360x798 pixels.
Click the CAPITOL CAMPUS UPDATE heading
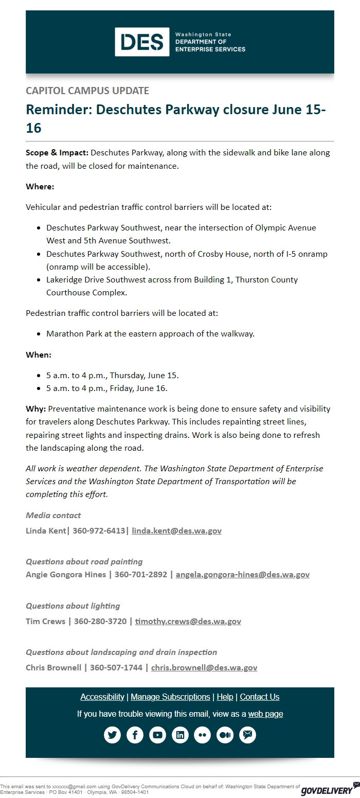tap(87, 91)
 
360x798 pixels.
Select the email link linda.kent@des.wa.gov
tap(176, 530)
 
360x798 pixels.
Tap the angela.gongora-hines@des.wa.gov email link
tap(242, 574)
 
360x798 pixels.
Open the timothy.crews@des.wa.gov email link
tap(188, 621)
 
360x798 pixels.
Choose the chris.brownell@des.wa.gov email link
tap(204, 667)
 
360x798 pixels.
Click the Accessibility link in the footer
tap(102, 697)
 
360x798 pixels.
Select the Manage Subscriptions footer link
tap(170, 697)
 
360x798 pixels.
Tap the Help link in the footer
tap(225, 697)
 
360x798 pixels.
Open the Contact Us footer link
tap(259, 697)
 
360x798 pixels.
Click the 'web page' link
tap(265, 714)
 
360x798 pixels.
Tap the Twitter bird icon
tap(112, 735)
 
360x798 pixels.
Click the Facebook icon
tap(135, 735)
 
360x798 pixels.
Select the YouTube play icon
tap(157, 735)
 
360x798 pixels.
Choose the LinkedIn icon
tap(180, 735)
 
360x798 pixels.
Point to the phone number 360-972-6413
tap(98, 530)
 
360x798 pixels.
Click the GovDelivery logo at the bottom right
tap(327, 790)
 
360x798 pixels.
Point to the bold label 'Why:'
tap(36, 409)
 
